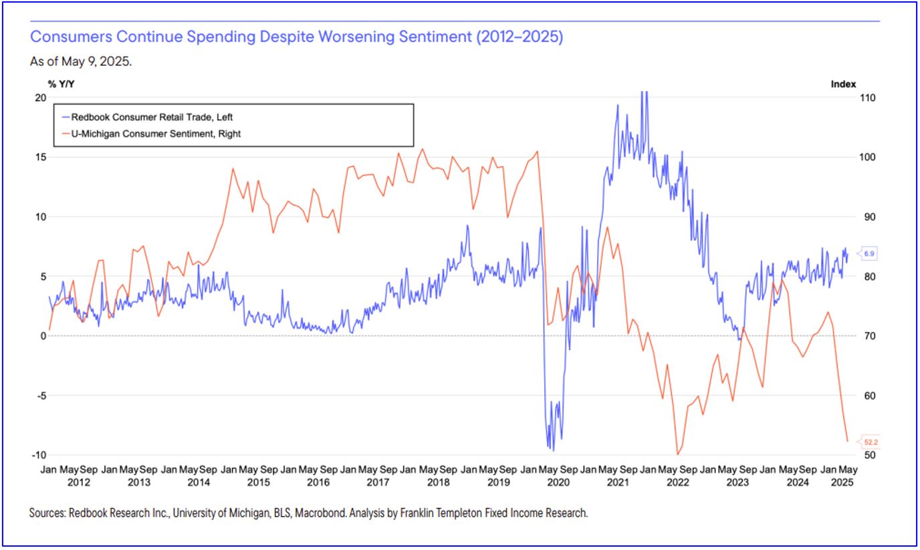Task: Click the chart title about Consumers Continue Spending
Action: pos(296,37)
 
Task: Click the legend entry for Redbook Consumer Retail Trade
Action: pos(152,116)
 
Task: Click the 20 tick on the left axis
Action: pos(40,98)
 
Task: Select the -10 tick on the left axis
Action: pos(39,455)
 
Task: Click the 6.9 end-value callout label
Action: pos(869,254)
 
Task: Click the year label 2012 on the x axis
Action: pos(79,482)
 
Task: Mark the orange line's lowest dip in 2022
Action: pos(677,454)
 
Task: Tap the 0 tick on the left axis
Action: pos(41,336)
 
